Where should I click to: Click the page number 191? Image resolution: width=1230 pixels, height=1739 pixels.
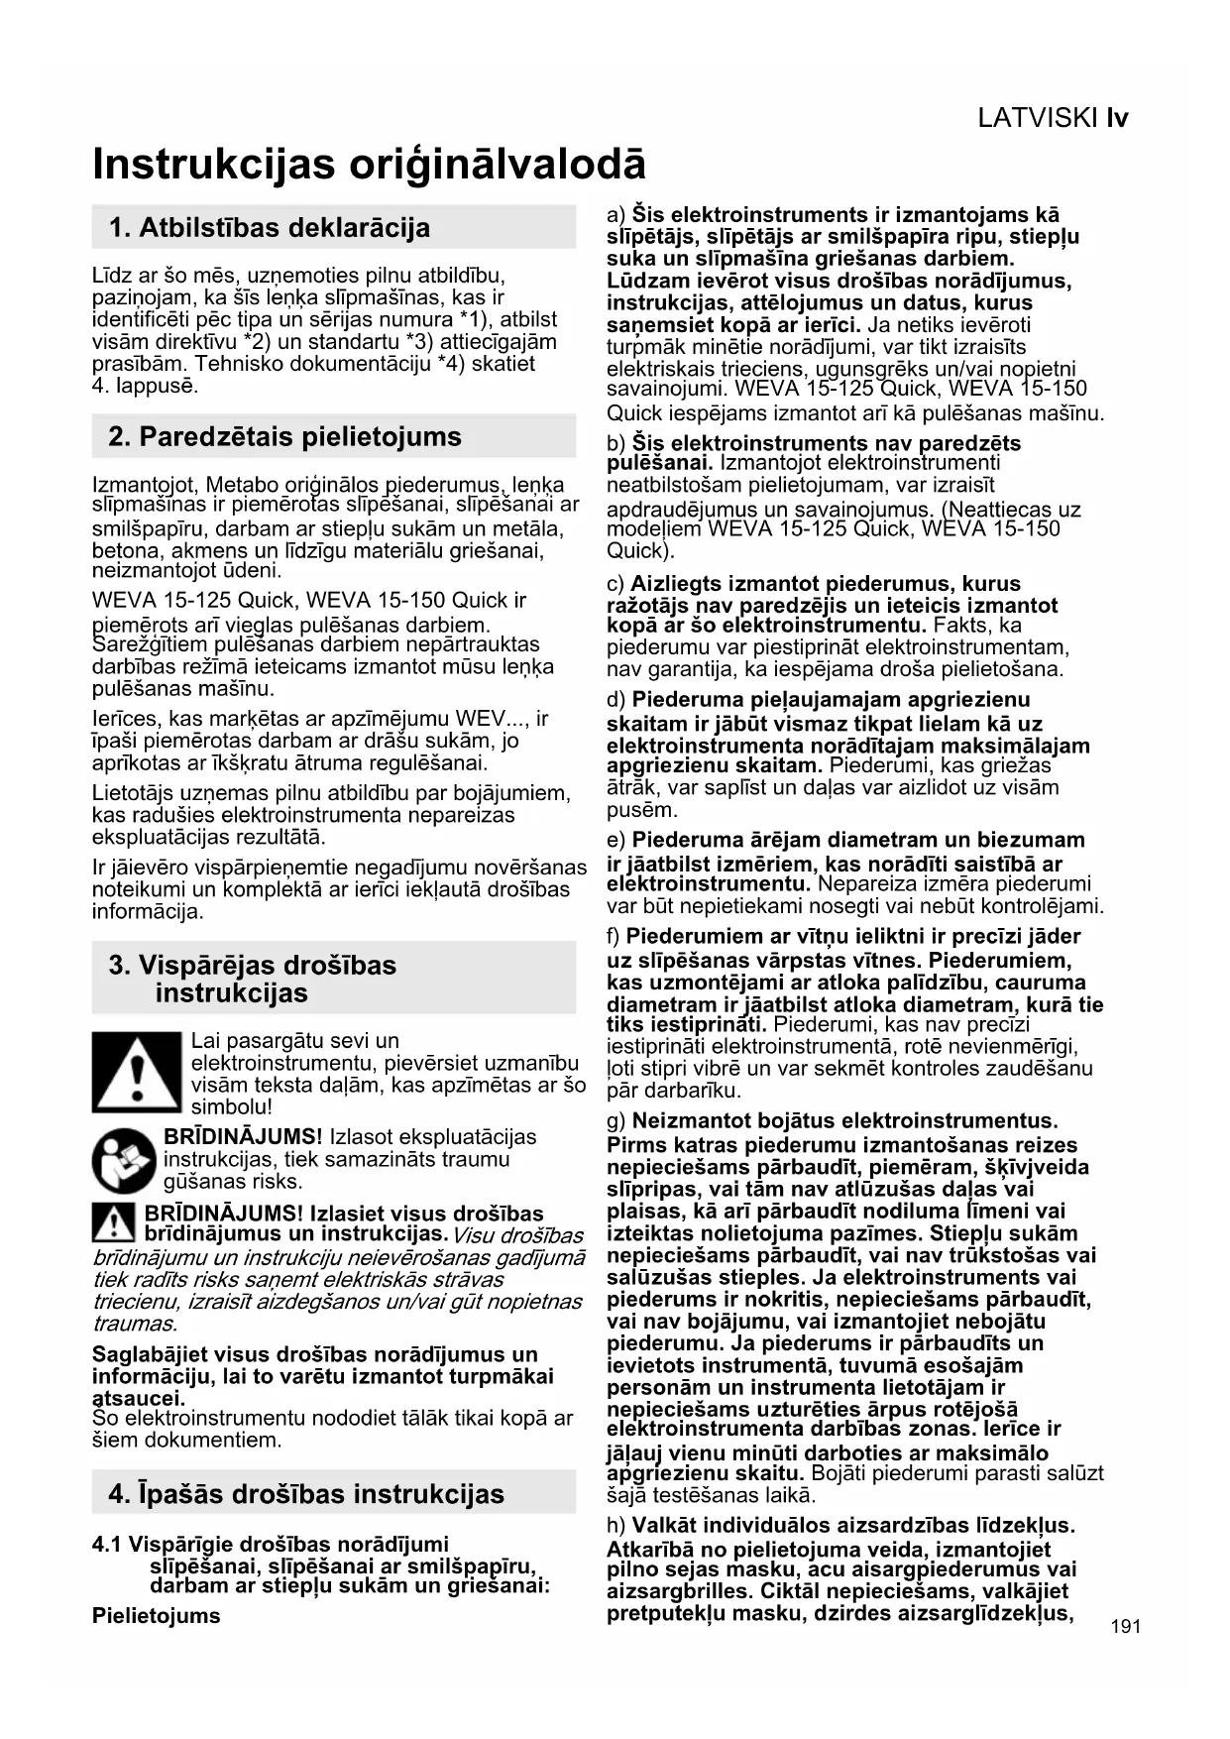[1126, 1626]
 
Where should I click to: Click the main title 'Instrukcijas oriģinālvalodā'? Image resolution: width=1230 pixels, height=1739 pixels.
[369, 165]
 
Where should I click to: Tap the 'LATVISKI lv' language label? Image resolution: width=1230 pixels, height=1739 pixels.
[1053, 119]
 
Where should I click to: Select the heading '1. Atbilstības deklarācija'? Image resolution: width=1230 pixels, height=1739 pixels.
[270, 228]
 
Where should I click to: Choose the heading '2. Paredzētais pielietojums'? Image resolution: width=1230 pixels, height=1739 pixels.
[285, 437]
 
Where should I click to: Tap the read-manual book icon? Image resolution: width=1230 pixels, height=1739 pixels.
[124, 1160]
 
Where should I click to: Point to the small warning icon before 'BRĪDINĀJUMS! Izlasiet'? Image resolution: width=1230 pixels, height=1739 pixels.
[113, 1223]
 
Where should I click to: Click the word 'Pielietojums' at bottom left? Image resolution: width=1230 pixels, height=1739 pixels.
[157, 1615]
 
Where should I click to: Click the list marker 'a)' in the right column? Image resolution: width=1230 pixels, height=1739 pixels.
[615, 215]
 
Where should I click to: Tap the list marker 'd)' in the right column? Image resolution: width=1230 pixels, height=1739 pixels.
[615, 701]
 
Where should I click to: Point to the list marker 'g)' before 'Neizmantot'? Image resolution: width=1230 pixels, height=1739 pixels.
[615, 1121]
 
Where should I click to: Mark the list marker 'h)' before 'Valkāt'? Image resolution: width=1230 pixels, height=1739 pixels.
[615, 1526]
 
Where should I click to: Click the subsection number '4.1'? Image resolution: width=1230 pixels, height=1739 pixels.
[107, 1545]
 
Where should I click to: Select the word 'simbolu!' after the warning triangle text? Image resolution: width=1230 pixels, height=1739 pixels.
[231, 1107]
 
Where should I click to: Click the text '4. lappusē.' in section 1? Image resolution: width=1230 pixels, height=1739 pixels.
[145, 386]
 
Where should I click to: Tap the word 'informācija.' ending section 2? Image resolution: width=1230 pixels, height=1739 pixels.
[147, 911]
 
